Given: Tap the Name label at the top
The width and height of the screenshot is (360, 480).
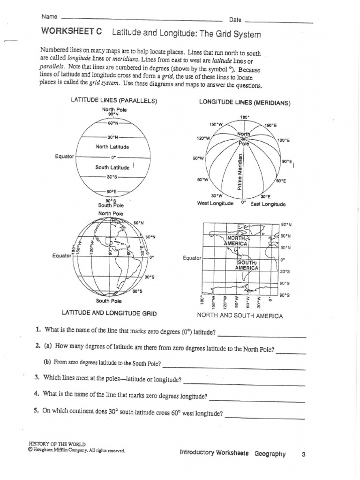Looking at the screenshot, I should coord(49,17).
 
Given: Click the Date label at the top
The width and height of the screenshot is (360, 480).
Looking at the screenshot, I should coord(235,20).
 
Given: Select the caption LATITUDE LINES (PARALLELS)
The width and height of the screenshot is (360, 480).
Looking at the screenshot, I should coord(113,101).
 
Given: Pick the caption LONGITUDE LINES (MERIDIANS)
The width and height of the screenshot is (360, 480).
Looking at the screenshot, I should coord(245,103).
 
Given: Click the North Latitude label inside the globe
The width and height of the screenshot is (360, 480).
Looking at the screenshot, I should coord(112,147).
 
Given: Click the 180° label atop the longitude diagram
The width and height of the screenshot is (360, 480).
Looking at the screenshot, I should coord(244,118).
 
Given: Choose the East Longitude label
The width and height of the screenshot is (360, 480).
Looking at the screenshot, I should coord(268,204).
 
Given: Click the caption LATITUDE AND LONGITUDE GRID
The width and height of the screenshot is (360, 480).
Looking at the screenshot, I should coord(109,312).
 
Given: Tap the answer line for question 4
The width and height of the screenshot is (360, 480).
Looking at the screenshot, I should coord(257,401).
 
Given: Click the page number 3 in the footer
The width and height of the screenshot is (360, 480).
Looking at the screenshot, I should coord(304,454).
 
